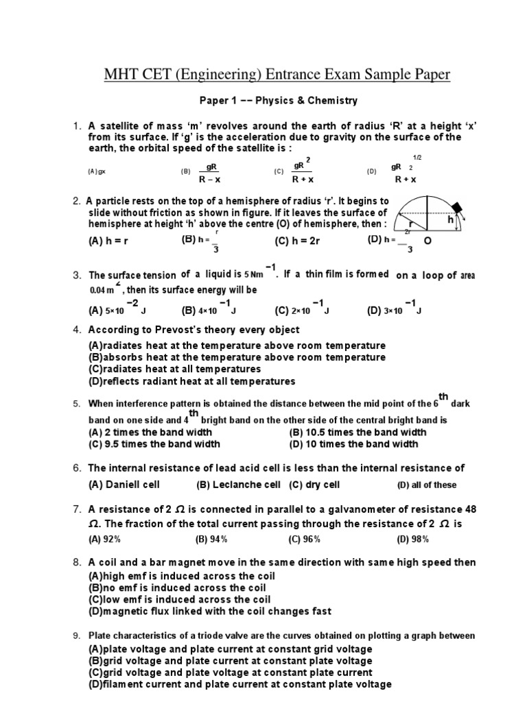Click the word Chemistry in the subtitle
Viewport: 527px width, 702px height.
[x=332, y=101]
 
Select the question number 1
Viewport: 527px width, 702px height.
[x=78, y=126]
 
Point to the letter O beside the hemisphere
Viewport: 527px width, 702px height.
[x=428, y=242]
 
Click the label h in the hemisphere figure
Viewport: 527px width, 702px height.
[x=451, y=220]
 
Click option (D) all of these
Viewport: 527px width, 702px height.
[x=426, y=485]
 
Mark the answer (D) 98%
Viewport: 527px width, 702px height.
[x=412, y=539]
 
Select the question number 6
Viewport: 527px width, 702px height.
[x=78, y=468]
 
